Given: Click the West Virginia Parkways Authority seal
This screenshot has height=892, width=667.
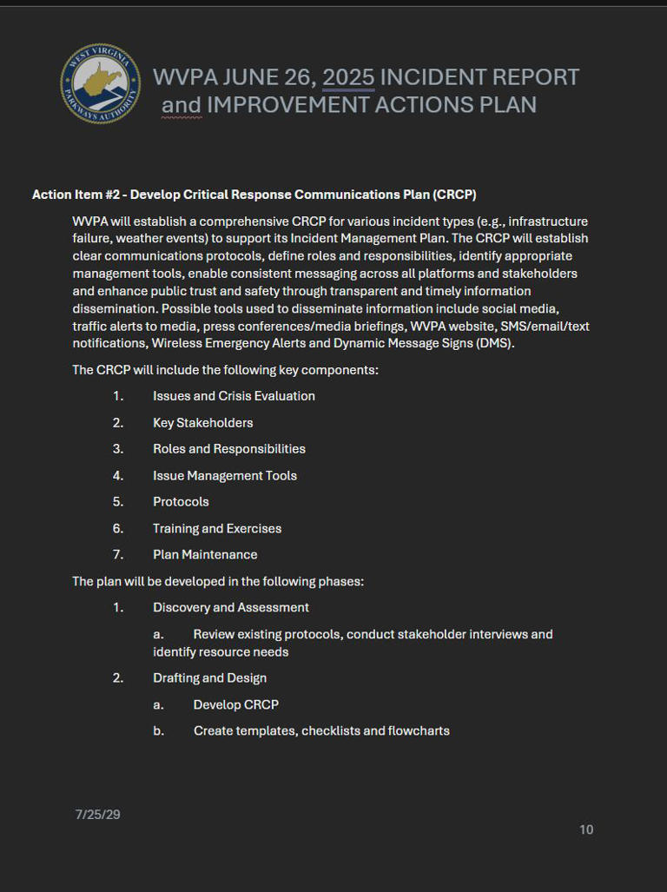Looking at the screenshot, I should tap(100, 84).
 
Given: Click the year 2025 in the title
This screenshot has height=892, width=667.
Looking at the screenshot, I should tap(348, 77).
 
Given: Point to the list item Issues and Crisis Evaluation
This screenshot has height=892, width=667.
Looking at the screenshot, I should tap(234, 396).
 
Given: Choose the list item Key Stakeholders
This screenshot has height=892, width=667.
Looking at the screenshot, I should tap(202, 423).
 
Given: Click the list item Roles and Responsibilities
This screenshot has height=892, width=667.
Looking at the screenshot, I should tap(228, 449).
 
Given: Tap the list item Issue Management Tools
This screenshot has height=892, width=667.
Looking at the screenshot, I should tap(224, 476).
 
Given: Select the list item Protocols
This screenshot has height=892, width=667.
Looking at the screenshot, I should tap(181, 502).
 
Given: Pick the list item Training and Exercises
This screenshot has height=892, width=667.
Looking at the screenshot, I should tap(216, 528).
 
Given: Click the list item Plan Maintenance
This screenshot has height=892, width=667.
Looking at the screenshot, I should tap(205, 554).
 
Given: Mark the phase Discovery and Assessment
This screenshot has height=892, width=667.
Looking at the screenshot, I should tap(230, 607).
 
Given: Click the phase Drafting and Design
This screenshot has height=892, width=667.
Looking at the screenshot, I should tap(209, 677).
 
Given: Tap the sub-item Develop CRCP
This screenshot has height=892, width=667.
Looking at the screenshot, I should tap(235, 704).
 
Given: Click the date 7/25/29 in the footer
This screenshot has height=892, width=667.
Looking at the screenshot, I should tap(97, 814).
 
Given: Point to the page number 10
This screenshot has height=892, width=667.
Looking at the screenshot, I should tap(586, 829).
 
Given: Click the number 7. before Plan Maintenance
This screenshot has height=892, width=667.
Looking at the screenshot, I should tap(118, 554).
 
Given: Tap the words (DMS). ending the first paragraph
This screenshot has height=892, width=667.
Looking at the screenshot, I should tap(494, 343).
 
